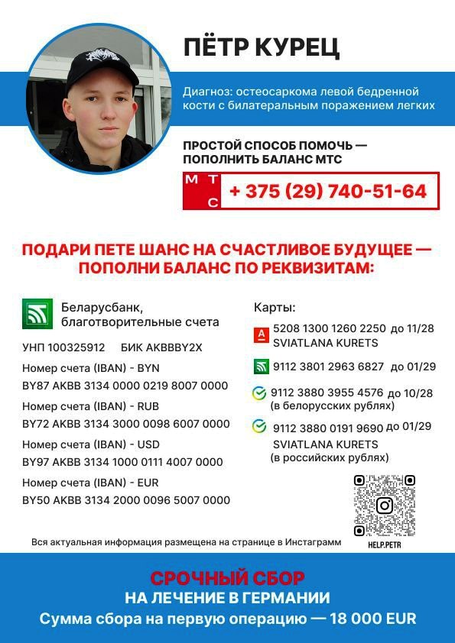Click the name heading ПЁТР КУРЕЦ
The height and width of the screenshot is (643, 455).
(262, 47)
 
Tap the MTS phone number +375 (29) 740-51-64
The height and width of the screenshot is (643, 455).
(327, 191)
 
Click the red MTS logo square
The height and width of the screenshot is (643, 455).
(203, 191)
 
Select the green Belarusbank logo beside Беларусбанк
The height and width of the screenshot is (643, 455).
(37, 314)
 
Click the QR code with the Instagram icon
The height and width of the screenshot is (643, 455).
(384, 506)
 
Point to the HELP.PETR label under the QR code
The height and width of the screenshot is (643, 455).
(384, 545)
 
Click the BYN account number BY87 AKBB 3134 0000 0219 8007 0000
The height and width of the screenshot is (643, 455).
(125, 386)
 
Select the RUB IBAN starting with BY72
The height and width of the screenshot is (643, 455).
(126, 424)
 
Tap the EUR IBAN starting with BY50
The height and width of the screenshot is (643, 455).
(126, 500)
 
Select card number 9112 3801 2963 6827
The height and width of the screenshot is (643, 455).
(329, 367)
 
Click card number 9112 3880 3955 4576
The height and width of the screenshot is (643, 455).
(328, 393)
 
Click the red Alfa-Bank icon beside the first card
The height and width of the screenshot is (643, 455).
(260, 334)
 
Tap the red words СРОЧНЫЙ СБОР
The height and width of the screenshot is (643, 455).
(227, 578)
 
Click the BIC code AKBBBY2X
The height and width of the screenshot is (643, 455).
(173, 347)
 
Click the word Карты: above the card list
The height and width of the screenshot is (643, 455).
(275, 308)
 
